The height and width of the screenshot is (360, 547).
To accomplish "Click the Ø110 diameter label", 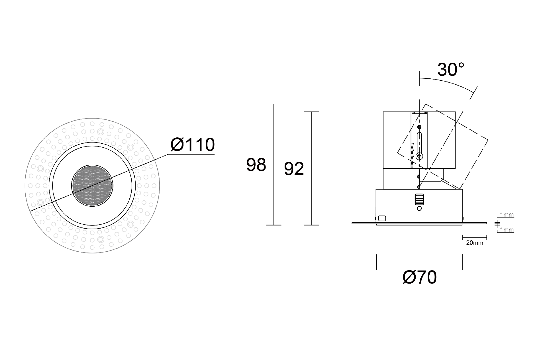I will coord(193,145).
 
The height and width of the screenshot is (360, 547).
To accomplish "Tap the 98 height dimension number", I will coord(256,165).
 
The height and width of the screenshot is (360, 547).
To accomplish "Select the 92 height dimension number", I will coord(294,169).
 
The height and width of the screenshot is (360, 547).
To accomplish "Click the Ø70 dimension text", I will coord(420,277).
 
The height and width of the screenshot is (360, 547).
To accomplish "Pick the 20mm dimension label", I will coord(475,243).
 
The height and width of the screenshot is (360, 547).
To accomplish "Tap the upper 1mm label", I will coord(507,215).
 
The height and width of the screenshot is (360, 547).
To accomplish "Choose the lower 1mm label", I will coord(507,230).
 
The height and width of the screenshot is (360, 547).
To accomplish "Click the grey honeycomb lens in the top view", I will coord(92,186).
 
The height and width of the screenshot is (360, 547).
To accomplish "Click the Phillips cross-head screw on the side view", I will coord(419,156).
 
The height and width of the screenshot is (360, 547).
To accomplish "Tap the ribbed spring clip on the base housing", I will coord(419,200).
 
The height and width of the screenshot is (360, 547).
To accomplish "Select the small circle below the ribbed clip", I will coord(419,208).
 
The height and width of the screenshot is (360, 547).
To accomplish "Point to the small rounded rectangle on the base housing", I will coord(382,218).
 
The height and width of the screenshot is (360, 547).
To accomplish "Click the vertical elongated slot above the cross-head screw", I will coord(419,143).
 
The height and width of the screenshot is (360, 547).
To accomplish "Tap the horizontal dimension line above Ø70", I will coord(419,262).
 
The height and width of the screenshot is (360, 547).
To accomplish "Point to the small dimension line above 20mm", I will coord(474,237).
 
